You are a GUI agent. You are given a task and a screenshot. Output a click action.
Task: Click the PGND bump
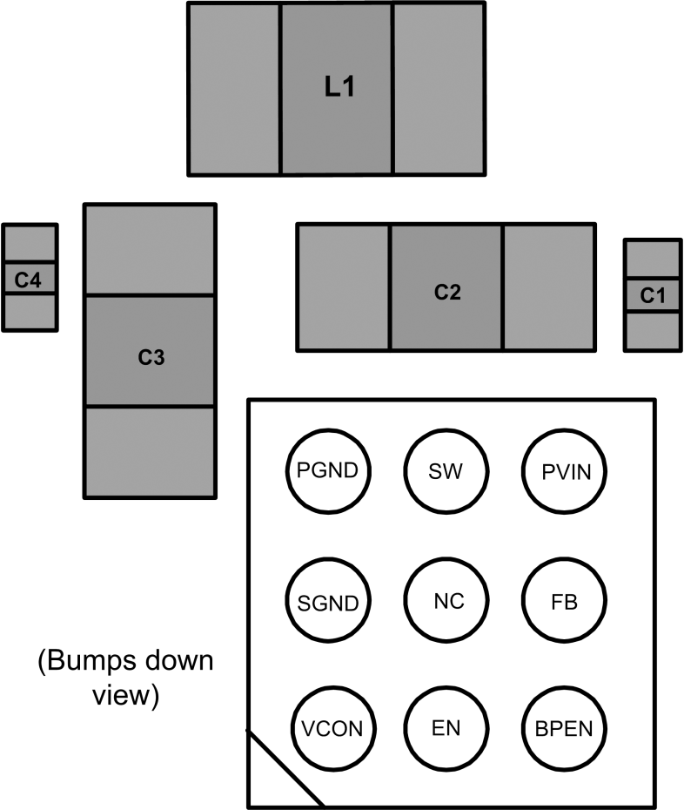tap(328, 471)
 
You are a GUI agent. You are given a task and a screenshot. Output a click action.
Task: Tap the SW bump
tap(446, 471)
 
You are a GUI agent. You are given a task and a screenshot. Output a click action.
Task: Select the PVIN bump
tap(565, 471)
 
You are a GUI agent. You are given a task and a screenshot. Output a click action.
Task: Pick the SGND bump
tap(328, 601)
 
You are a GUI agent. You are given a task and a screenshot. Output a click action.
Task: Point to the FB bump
tap(565, 601)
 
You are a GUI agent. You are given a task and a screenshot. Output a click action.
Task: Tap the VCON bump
tap(333, 727)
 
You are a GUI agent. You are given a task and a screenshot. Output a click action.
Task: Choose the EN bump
tap(446, 727)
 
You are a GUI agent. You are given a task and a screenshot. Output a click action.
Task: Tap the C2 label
tap(446, 292)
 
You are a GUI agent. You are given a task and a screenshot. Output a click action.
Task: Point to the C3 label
tap(151, 356)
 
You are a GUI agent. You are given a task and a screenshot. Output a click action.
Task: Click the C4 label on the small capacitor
tap(29, 280)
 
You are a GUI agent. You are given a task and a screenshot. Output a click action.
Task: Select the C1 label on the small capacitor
tap(653, 295)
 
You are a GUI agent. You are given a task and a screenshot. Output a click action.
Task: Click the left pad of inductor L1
tap(234, 89)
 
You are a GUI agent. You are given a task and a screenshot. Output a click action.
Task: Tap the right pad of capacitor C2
tap(549, 287)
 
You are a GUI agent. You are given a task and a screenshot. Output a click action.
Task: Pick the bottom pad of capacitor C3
tap(150, 451)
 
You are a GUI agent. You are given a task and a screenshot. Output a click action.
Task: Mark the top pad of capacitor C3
tap(150, 250)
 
